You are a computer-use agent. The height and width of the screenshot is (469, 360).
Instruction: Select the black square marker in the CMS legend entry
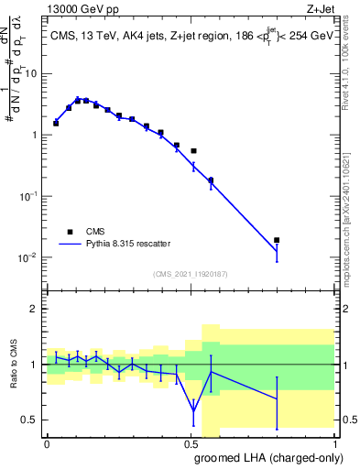[x=70, y=232]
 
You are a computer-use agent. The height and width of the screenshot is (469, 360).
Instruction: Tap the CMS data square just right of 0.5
[x=193, y=150]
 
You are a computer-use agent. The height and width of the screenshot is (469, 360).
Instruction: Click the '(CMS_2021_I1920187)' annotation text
[x=190, y=274]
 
